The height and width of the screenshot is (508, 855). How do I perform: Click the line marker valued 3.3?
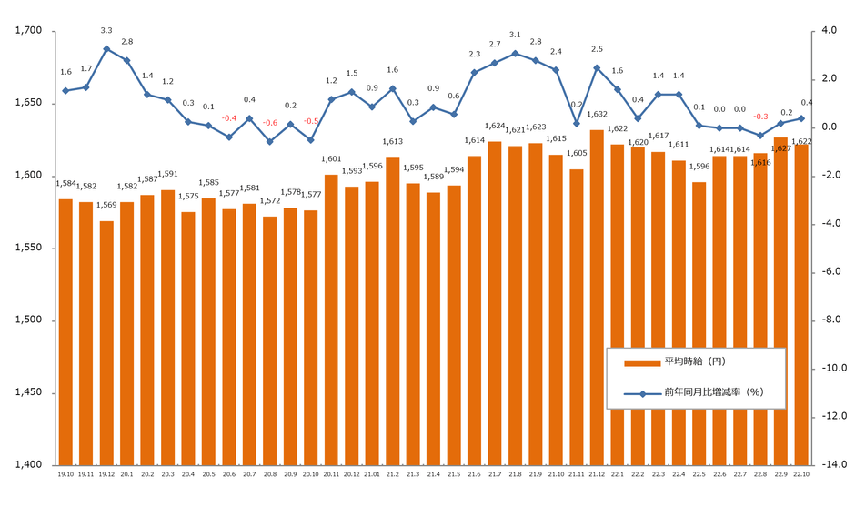(x=106, y=49)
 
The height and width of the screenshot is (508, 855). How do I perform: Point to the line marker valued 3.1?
(x=515, y=54)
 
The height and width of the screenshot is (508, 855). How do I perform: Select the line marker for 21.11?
(x=577, y=123)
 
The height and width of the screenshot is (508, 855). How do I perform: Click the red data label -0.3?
(x=760, y=117)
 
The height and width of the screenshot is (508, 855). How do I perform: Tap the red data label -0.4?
(x=229, y=118)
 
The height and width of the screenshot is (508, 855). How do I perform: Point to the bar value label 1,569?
(x=106, y=206)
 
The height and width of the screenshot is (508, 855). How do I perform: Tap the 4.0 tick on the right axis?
(x=827, y=31)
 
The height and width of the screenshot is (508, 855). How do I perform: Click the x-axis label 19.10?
(x=65, y=474)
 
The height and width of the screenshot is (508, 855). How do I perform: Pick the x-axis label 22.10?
(x=802, y=474)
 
